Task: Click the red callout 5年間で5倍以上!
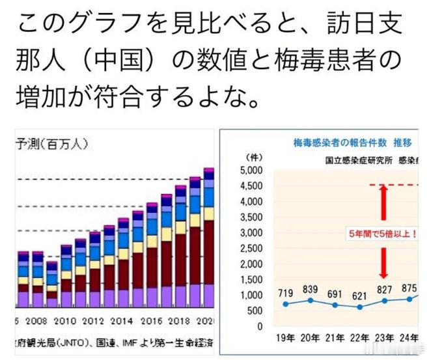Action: click(383, 232)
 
